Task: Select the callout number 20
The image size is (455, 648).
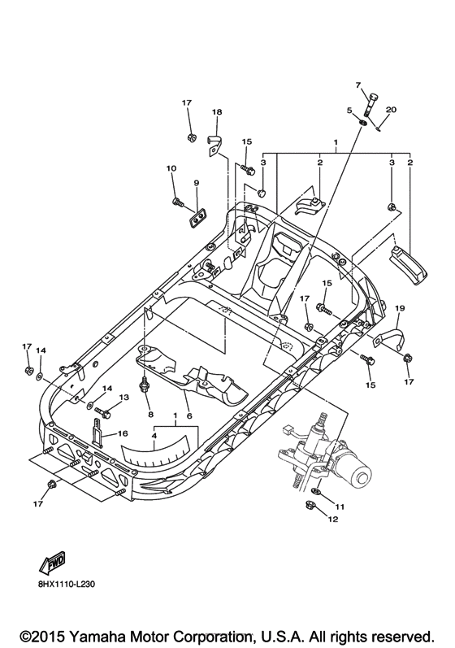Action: (391, 110)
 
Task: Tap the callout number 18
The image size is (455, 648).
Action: (217, 111)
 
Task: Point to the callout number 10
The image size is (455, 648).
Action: (171, 168)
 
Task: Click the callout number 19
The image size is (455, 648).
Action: (400, 308)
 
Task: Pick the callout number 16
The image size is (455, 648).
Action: (122, 435)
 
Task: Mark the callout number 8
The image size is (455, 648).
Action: (149, 415)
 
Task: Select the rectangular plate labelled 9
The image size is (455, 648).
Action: (197, 215)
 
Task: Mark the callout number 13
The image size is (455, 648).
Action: (124, 397)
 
